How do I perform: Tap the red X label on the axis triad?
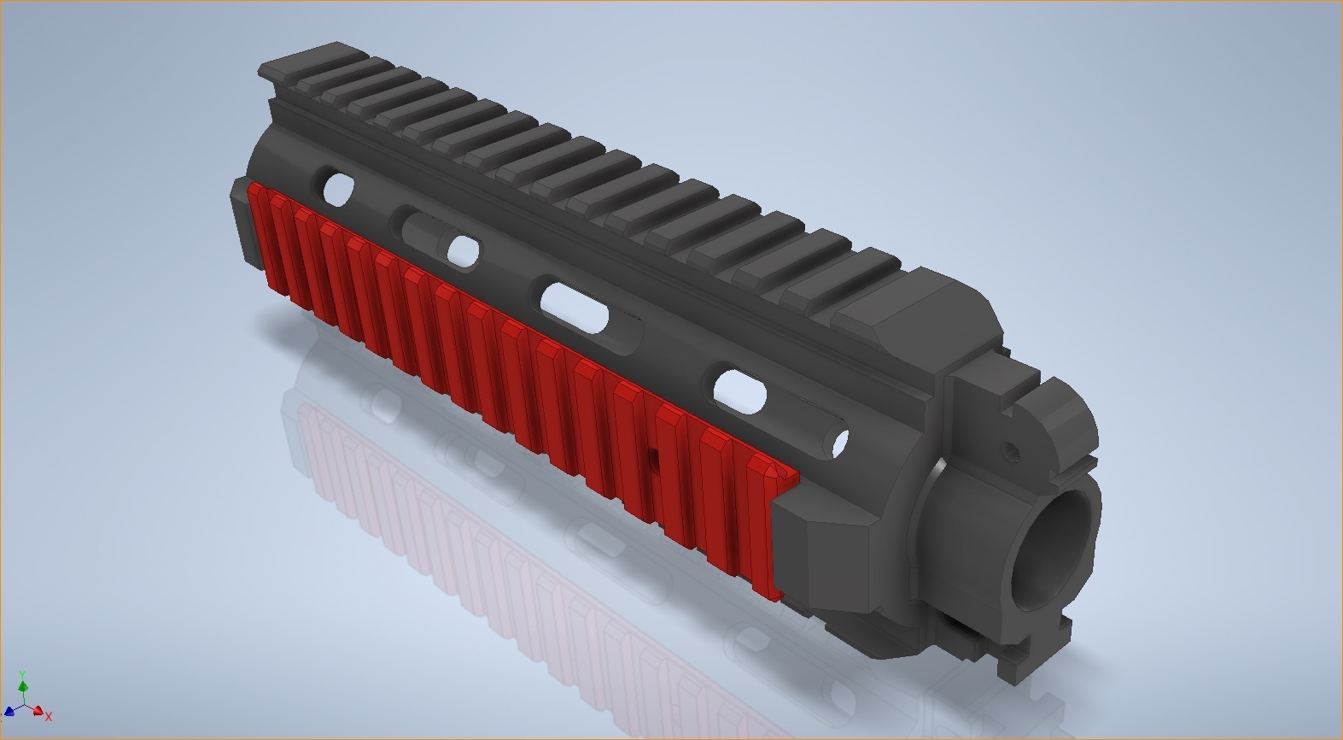(49, 716)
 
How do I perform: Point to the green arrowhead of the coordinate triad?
(24, 685)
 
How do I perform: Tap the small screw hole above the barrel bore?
(1013, 447)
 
